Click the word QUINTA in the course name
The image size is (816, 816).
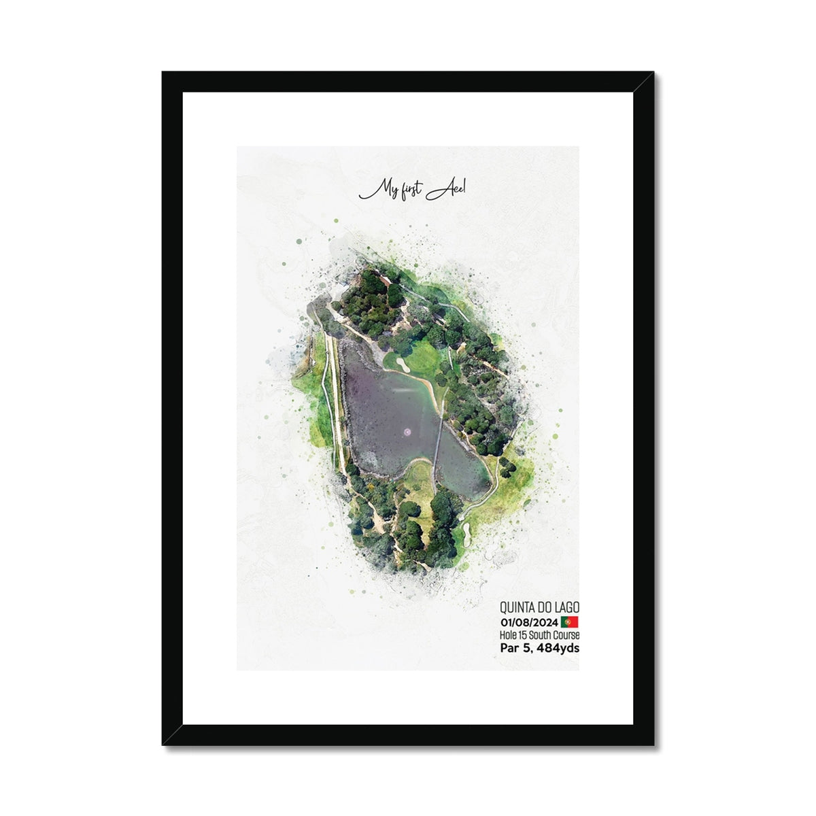click(x=516, y=606)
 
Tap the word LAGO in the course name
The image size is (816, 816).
click(x=567, y=606)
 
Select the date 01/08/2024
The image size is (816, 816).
click(x=529, y=622)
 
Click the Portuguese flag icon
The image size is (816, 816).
click(x=570, y=622)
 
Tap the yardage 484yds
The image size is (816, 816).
click(x=558, y=648)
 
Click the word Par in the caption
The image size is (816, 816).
click(x=510, y=648)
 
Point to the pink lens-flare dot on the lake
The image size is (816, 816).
click(x=407, y=431)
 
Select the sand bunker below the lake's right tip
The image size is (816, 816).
click(x=467, y=528)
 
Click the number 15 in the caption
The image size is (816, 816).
click(x=523, y=635)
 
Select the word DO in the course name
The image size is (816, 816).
click(x=545, y=606)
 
